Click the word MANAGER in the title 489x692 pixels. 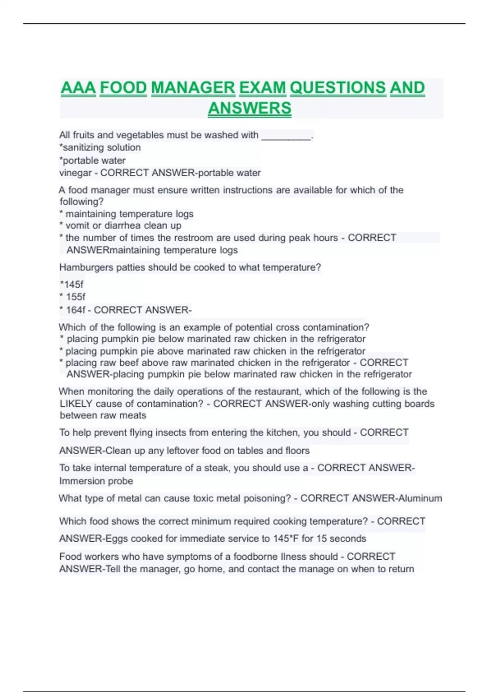(193, 88)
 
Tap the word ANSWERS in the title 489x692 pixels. (249, 108)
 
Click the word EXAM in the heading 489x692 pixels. (262, 88)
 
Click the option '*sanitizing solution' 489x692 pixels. (100, 147)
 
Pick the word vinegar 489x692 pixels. (75, 173)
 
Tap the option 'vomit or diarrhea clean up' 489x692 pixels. (123, 226)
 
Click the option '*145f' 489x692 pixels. (72, 285)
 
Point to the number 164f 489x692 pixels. (76, 310)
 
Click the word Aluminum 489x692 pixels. (420, 498)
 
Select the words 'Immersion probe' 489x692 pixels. (96, 481)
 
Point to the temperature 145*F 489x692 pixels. (286, 539)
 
